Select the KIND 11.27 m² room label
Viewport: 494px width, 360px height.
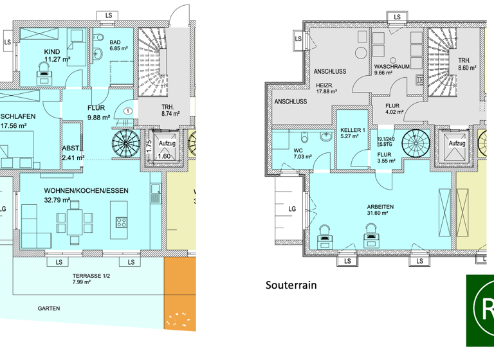[56, 55]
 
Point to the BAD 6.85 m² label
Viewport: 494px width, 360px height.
[120, 44]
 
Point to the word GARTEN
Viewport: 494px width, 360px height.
[48, 309]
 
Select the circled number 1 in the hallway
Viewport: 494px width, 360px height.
[129, 111]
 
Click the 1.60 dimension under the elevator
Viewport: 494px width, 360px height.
[164, 156]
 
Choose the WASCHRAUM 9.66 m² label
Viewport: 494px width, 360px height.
[391, 69]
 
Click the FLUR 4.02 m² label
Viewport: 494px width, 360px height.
[394, 111]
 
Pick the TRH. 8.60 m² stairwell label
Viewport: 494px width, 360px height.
[465, 63]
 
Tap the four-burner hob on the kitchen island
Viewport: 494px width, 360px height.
[122, 222]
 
